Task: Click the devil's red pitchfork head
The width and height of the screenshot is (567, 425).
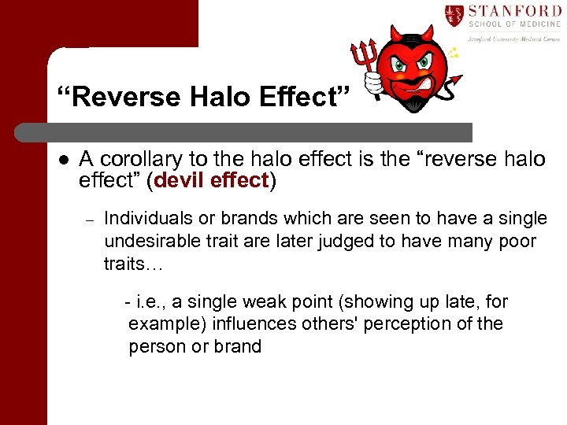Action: tap(363, 54)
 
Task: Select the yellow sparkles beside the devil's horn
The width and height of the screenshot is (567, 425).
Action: tap(452, 54)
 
